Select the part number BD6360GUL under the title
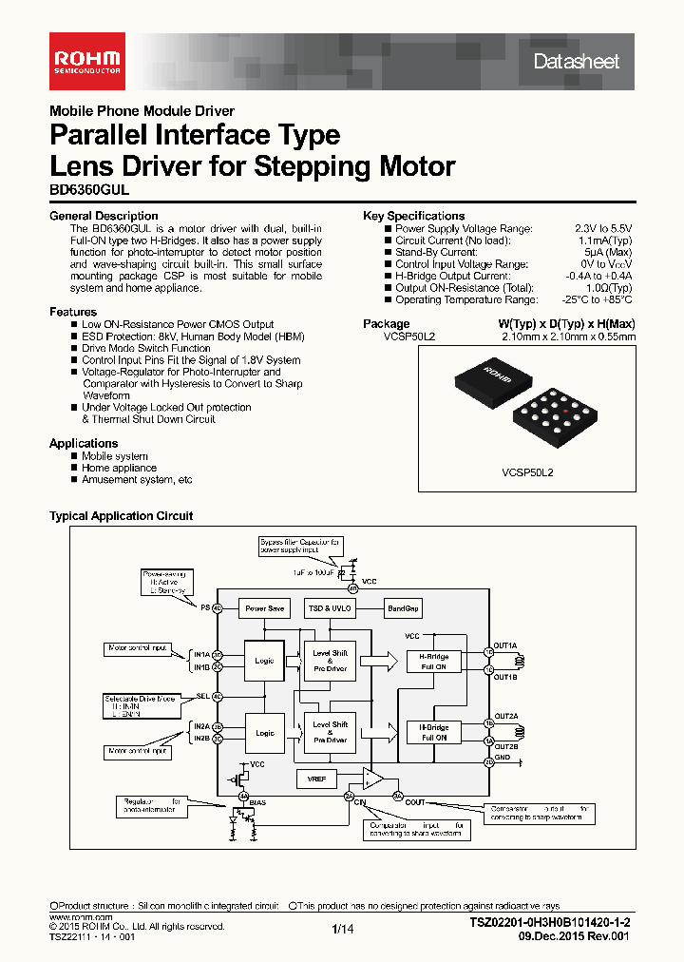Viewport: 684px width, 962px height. (88, 190)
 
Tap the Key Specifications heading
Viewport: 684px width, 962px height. (413, 216)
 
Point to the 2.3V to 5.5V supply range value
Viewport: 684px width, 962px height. (602, 229)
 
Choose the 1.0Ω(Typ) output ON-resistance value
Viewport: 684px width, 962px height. (607, 288)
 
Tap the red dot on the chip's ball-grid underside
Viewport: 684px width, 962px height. (566, 411)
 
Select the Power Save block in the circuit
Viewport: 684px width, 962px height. (264, 608)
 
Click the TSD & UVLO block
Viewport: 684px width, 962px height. (329, 608)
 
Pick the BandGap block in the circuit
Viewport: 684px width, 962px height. (403, 608)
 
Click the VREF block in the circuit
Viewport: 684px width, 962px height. (315, 778)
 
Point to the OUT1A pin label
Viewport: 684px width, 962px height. (505, 645)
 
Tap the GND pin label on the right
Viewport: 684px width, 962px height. (502, 758)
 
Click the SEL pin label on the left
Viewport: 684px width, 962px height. (201, 696)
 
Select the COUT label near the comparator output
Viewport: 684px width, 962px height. (415, 801)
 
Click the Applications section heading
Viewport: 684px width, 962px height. (84, 443)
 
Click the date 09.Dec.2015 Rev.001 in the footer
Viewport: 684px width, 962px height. (575, 936)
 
